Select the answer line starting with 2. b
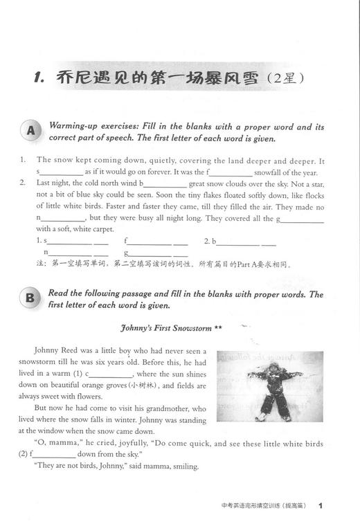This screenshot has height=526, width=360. [242, 242]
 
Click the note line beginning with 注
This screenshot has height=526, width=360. [163, 264]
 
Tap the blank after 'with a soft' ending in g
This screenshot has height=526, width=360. [302, 219]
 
